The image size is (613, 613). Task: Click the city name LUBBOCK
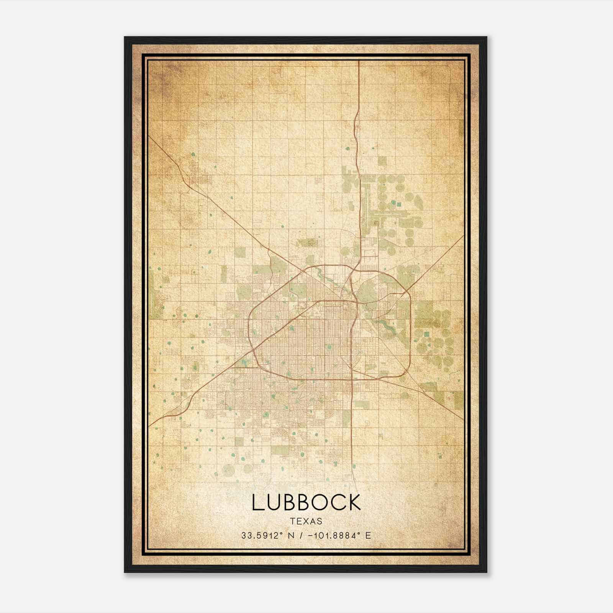306,502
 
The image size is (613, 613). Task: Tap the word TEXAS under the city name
306,521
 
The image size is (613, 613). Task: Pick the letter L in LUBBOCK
257,502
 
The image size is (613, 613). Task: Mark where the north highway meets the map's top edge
359,61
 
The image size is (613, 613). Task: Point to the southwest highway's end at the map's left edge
150,425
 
